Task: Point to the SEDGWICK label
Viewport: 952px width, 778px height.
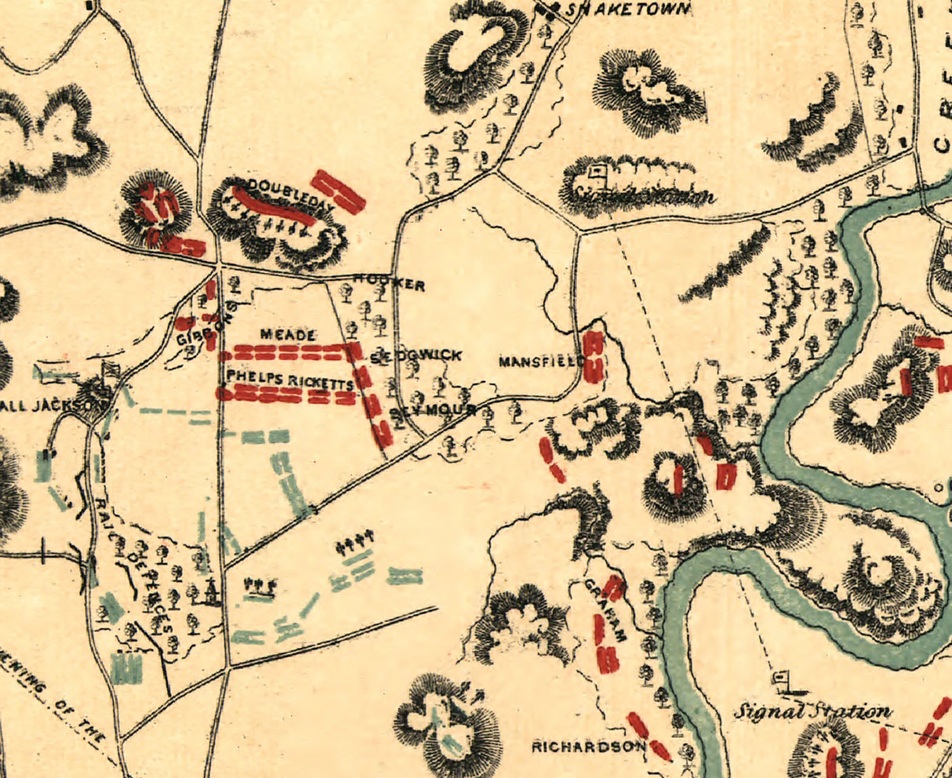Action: coord(416,356)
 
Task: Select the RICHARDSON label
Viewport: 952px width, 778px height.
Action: coord(588,746)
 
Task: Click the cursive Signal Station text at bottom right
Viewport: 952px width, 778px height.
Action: coord(812,712)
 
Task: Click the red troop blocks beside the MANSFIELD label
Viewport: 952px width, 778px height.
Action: coord(594,357)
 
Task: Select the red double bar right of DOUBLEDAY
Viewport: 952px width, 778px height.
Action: coord(339,191)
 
